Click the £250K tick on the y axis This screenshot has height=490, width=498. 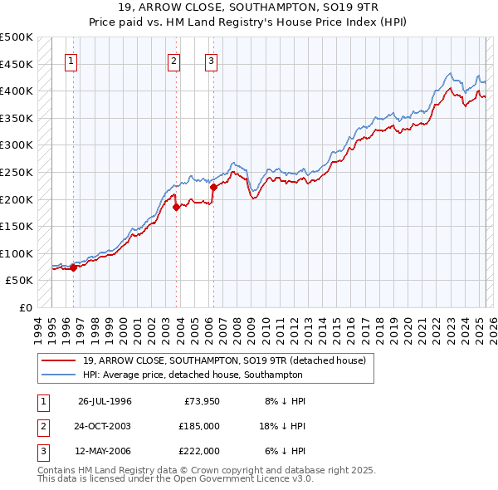pyautogui.click(x=17, y=172)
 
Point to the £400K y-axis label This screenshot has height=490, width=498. pyautogui.click(x=17, y=91)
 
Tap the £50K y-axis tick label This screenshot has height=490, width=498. pyautogui.click(x=20, y=281)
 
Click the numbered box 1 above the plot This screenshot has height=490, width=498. pyautogui.click(x=71, y=60)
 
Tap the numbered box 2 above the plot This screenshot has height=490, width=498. pyautogui.click(x=173, y=60)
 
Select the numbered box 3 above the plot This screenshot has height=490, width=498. pyautogui.click(x=211, y=60)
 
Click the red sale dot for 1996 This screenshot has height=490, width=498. pyautogui.click(x=74, y=267)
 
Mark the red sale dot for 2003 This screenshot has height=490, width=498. pyautogui.click(x=176, y=208)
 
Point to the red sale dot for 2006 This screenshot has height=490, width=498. pyautogui.click(x=213, y=188)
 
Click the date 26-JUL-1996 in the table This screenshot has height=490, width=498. pyautogui.click(x=105, y=401)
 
